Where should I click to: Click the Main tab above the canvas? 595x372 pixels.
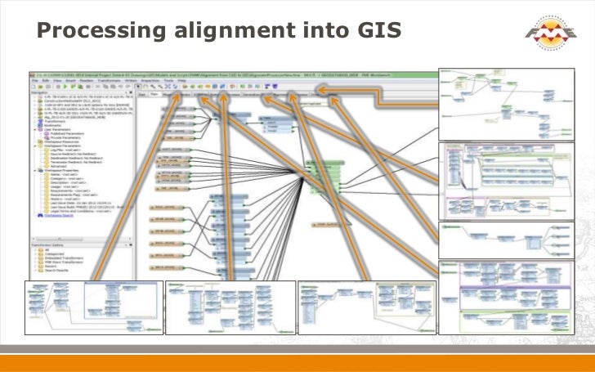click(153, 94)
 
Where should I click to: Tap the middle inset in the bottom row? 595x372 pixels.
click(230, 307)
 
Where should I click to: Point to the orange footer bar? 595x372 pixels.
click(297, 363)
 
